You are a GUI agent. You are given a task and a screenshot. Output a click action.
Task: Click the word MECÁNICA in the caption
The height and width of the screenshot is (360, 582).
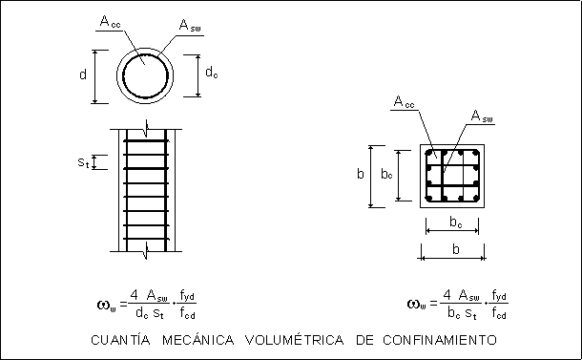click(198, 340)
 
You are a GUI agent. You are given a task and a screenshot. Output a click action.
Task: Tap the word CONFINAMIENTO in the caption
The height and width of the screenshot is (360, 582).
click(440, 340)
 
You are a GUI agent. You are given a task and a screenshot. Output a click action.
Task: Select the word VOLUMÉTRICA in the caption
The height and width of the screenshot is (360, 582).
click(295, 340)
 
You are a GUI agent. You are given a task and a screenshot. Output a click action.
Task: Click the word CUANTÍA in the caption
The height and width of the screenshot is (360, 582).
click(120, 340)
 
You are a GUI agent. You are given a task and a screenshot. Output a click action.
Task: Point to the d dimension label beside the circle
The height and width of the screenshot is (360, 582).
click(83, 74)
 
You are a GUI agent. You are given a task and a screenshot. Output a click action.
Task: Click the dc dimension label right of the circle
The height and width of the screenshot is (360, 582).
click(212, 72)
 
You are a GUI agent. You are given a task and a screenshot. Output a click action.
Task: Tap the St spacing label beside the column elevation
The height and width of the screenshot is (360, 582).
click(84, 162)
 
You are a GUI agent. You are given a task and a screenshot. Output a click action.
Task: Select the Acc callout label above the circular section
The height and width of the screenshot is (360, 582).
click(111, 22)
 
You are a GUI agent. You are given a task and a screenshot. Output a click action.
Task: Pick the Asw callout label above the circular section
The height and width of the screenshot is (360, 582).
click(190, 25)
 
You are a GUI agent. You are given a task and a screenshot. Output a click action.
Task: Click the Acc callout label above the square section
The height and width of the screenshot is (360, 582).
click(404, 101)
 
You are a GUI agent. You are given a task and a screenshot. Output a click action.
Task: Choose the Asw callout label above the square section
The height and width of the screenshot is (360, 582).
click(482, 116)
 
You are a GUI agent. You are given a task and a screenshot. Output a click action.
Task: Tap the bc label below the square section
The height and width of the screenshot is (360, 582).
click(456, 222)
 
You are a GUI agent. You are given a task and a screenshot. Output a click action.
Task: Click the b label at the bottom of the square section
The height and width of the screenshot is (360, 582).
click(456, 249)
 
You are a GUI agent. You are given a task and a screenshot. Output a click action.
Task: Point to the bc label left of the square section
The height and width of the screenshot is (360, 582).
click(386, 174)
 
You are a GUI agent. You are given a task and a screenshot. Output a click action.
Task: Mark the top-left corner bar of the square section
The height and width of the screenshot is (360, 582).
click(429, 154)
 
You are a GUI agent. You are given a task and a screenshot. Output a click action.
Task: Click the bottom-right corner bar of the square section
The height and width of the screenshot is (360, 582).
click(474, 199)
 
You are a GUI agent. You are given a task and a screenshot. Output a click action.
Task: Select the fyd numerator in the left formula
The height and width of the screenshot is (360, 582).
click(187, 296)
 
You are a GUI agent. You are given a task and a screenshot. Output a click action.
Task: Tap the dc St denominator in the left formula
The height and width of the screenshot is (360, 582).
click(150, 313)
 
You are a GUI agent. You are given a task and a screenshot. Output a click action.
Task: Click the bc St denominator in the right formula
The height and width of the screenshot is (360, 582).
click(462, 313)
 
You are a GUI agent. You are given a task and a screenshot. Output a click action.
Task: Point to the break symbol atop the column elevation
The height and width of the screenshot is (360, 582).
click(147, 128)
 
